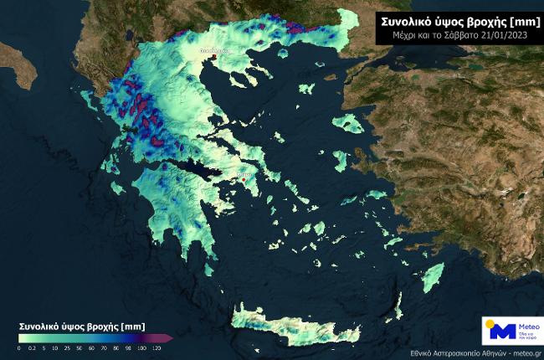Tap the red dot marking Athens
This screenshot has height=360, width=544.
coord(244,178)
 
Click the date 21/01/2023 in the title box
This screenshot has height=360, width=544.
coord(506,36)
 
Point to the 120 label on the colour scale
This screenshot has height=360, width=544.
coord(157,347)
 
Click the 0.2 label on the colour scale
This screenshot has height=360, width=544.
coord(31,347)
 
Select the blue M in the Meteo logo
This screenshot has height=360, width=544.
coord(501,330)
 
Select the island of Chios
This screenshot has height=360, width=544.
coord(340,160)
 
